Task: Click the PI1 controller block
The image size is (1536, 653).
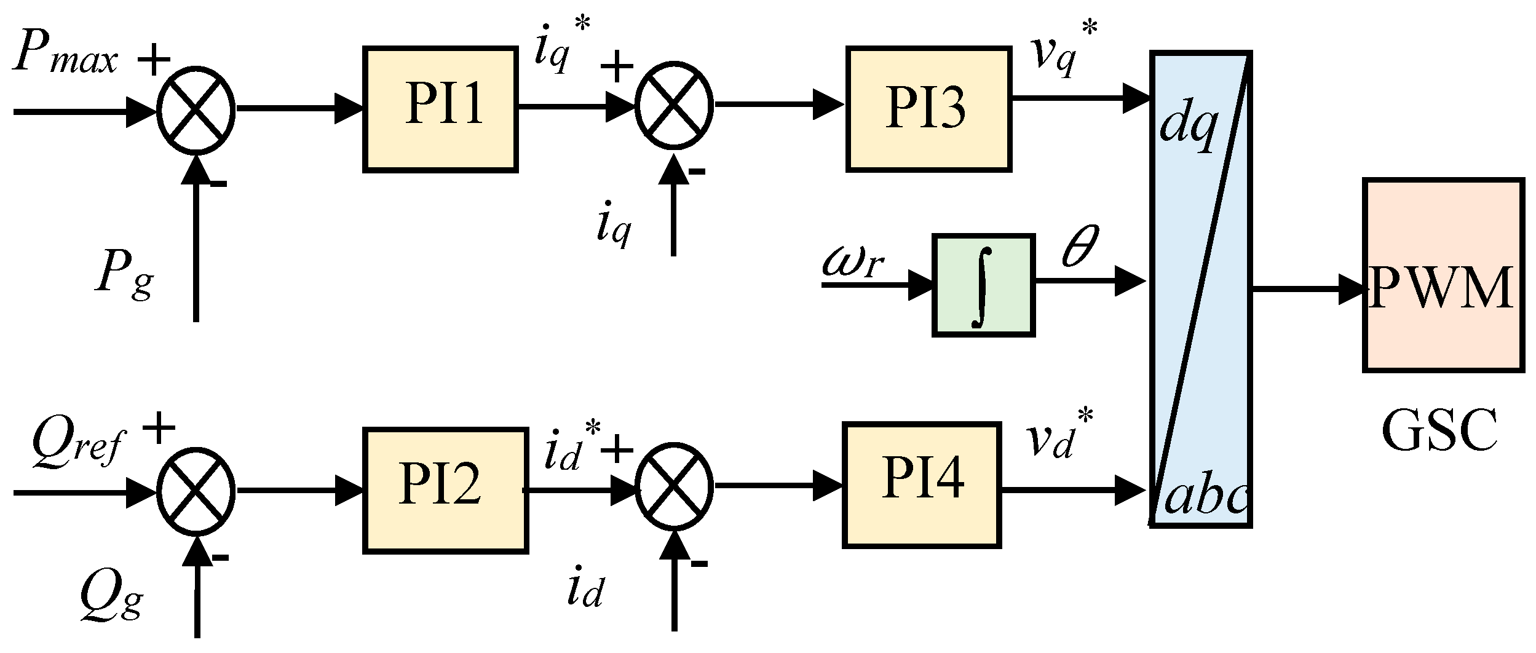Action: pyautogui.click(x=440, y=109)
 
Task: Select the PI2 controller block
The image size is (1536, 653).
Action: pyautogui.click(x=445, y=490)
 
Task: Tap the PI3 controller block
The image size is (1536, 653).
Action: pyautogui.click(x=928, y=109)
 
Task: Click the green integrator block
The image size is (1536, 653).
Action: pyautogui.click(x=983, y=285)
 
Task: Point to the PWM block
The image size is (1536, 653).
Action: pyautogui.click(x=1443, y=275)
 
